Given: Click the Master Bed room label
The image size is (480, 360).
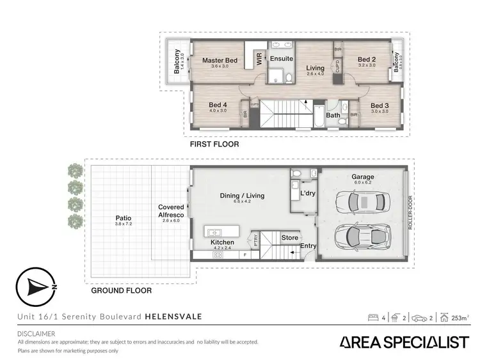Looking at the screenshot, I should tap(220, 61).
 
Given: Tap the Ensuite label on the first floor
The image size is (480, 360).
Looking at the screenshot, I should tap(281, 58).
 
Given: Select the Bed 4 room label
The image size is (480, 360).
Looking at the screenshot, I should tap(218, 106).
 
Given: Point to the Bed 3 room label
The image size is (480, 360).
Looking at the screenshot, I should tap(380, 106).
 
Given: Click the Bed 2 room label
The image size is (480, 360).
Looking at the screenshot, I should tap(367, 60).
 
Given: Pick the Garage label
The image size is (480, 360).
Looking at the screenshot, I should tap(362, 177).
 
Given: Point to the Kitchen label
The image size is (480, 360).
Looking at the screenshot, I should tap(223, 242).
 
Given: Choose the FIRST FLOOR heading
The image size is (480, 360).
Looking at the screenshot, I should tap(214, 145).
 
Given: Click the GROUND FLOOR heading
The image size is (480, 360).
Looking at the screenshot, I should tap(121, 290).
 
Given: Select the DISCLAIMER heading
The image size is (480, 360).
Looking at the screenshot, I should tap(36, 333).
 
